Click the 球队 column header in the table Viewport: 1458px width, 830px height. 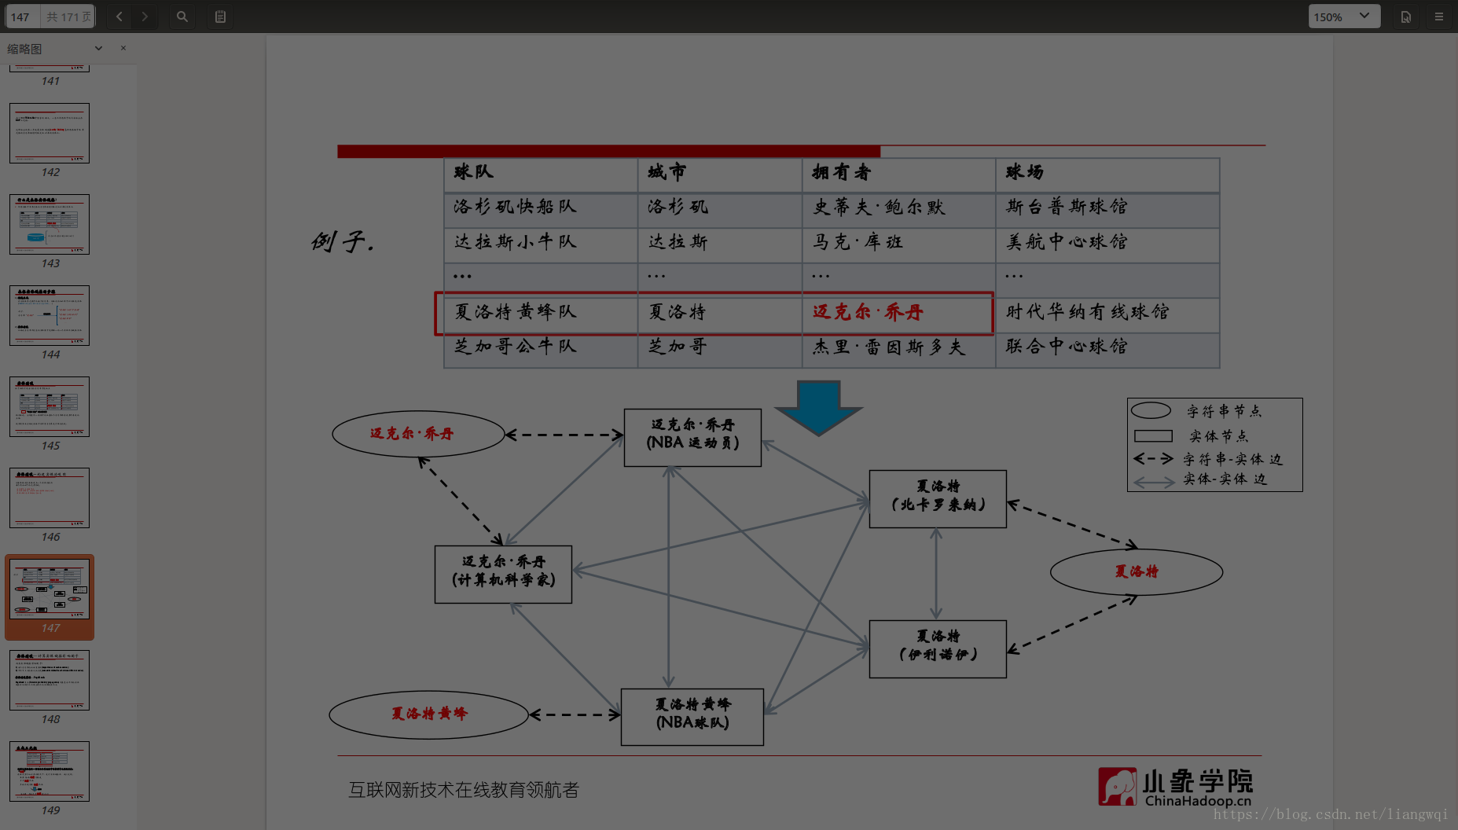[473, 173]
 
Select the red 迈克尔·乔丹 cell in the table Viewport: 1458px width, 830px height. [868, 313]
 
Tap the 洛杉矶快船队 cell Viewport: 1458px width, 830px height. [516, 207]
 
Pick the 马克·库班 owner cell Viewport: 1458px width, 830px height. [858, 242]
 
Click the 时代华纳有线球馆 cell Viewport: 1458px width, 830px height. [1087, 313]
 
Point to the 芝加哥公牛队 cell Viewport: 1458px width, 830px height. [516, 347]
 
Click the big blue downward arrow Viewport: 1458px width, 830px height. [818, 406]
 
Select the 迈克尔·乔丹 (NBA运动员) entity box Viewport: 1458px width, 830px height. [692, 437]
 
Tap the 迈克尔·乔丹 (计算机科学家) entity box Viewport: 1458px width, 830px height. [503, 574]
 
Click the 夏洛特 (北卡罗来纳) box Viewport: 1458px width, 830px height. [938, 498]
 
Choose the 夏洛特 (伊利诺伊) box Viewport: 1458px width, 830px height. [938, 648]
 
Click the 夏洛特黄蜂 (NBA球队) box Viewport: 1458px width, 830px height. [692, 717]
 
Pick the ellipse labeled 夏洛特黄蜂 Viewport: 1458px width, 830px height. [429, 714]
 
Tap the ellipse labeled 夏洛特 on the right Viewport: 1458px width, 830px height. [1137, 572]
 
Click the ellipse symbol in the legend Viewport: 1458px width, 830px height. [1151, 411]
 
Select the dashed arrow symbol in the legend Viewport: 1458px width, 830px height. [1153, 459]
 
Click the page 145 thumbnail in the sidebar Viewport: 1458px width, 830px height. [50, 406]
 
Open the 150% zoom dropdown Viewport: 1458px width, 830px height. [1343, 17]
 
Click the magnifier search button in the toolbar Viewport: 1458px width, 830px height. [182, 17]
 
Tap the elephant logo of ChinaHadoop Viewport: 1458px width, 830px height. [1117, 787]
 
